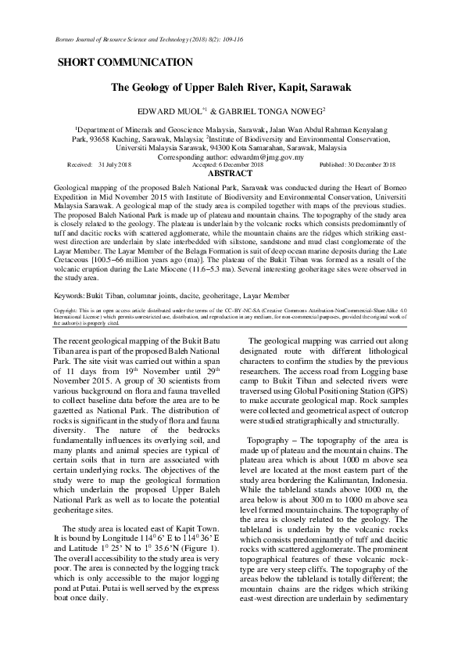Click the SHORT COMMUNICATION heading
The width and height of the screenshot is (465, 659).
125,62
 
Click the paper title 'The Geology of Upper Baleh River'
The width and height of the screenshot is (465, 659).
231,88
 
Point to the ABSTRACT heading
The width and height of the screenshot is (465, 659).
233,173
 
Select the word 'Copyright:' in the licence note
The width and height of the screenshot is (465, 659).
66,310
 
